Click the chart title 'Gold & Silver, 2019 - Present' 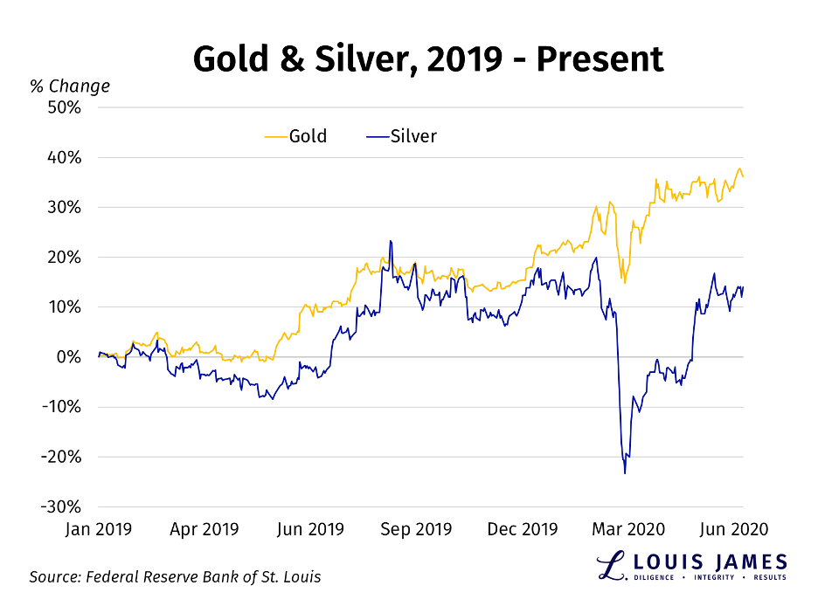coord(427,59)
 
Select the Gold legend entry coord(296,136)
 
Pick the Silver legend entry coord(401,136)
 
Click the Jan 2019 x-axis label coord(99,529)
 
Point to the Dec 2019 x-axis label coord(523,529)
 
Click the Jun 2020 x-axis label coord(738,529)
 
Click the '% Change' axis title coord(70,86)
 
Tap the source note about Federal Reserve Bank coord(175,577)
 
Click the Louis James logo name coord(707,561)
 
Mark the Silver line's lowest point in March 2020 coord(625,472)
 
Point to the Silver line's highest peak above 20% coord(390,242)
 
